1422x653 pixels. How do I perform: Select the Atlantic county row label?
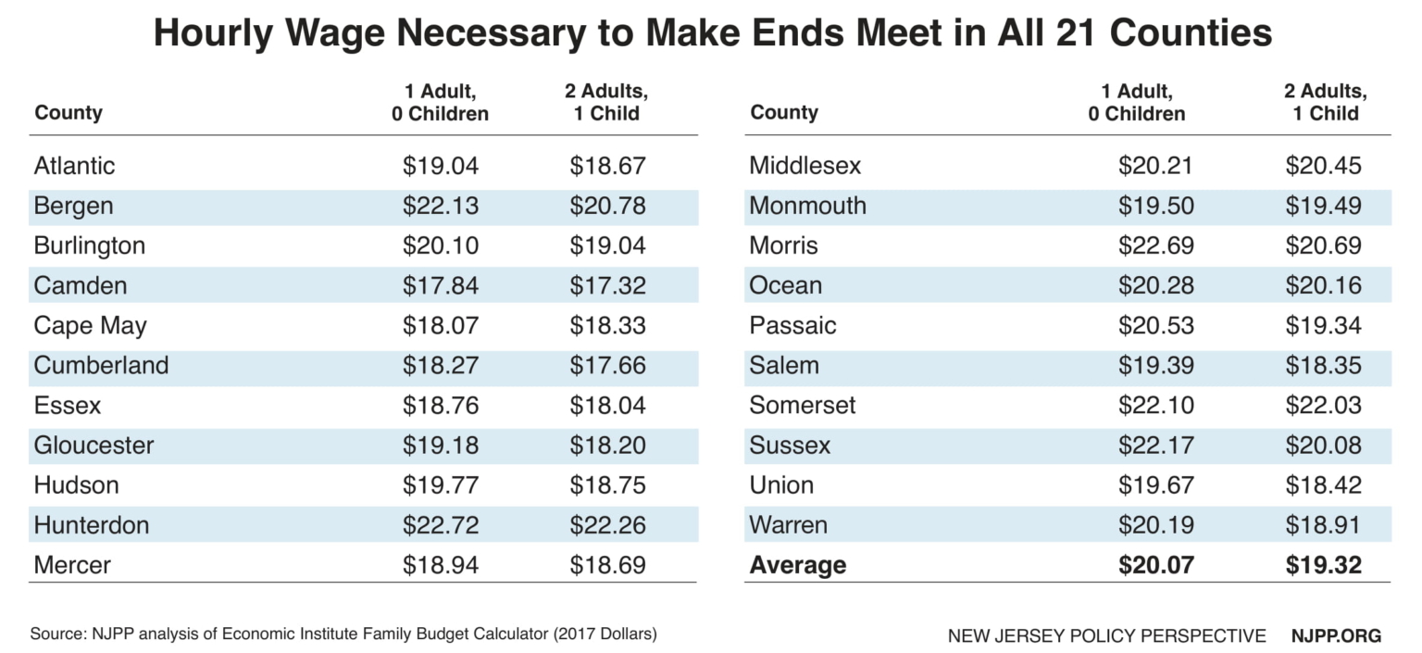pos(75,166)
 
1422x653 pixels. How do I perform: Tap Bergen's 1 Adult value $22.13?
pos(441,206)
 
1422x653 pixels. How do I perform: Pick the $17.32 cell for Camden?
pos(607,285)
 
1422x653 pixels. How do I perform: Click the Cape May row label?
pos(90,325)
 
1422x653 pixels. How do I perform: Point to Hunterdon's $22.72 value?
pos(441,525)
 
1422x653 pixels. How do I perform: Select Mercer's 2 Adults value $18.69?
pos(607,565)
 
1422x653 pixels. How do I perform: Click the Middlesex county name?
pos(805,166)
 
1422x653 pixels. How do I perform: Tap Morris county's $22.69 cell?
pos(1155,245)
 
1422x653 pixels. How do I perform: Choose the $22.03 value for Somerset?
pos(1323,405)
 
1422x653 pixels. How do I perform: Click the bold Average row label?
pos(797,565)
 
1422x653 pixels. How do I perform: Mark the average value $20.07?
pos(1155,565)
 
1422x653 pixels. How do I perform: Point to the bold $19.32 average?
pos(1323,565)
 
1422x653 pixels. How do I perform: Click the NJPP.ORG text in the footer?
pos(1336,635)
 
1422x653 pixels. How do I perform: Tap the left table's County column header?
pos(69,113)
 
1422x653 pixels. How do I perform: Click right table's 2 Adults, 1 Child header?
pos(1325,102)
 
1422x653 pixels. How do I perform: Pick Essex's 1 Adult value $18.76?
pos(441,405)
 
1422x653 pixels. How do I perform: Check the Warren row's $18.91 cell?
pos(1323,525)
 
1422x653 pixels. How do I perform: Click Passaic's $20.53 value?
pos(1155,325)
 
